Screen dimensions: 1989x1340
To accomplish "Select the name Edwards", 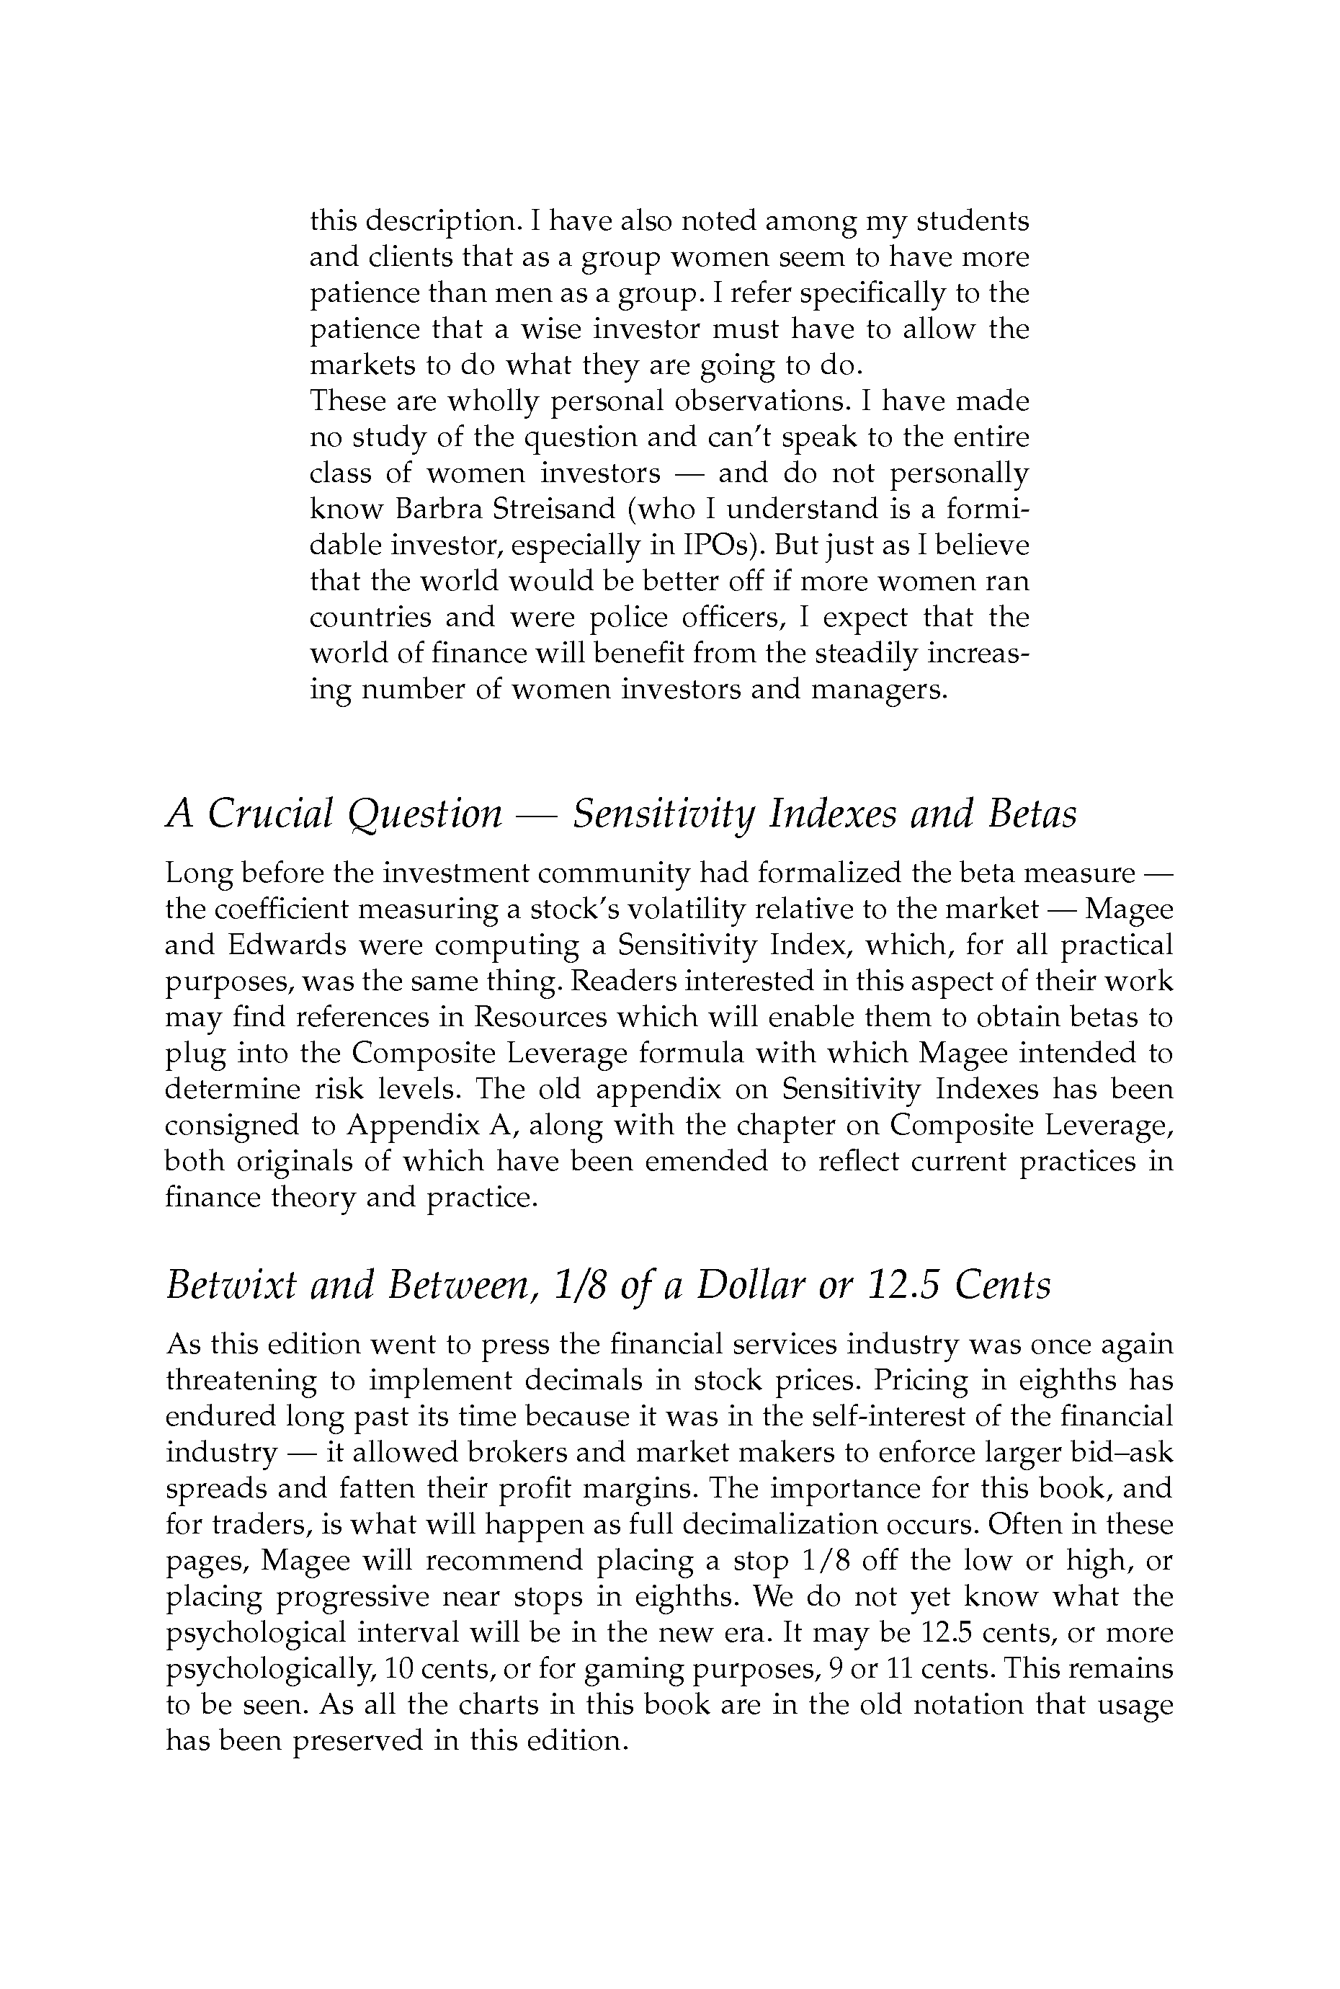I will [x=286, y=945].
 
